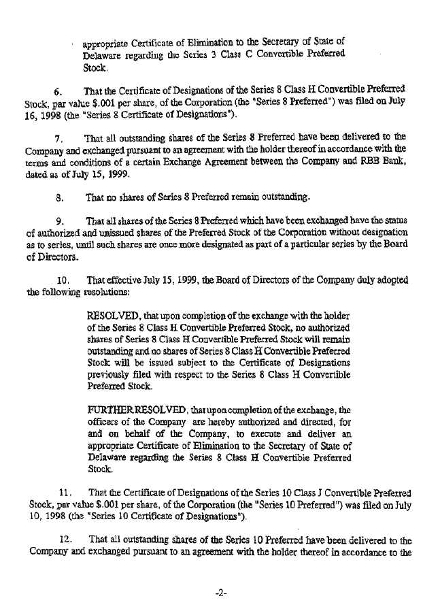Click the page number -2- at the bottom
(x=220, y=593)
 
